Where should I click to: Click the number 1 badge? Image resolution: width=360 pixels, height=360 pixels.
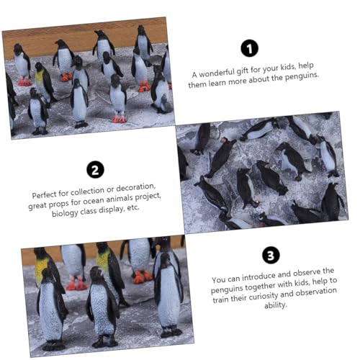click(249, 48)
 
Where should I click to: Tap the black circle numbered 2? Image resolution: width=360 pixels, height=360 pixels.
click(94, 169)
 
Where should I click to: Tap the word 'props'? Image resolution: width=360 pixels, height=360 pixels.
click(61, 204)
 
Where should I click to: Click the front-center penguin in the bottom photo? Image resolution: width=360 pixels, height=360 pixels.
click(102, 306)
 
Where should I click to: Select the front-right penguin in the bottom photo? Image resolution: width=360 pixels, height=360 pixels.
click(168, 292)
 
